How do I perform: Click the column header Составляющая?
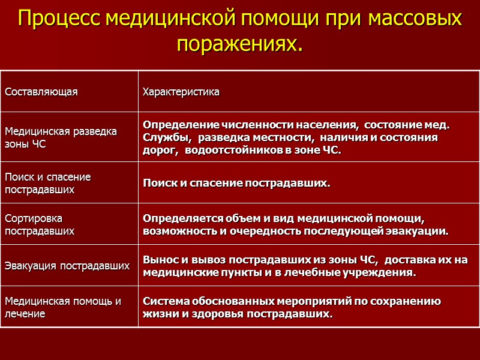pos(41,92)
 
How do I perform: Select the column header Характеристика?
pos(181,92)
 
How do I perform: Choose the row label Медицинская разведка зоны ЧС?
pos(61,137)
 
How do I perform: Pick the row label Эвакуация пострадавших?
pos(67,265)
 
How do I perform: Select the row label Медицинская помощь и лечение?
pos(62,307)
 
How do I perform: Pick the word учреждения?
pos(381,272)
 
